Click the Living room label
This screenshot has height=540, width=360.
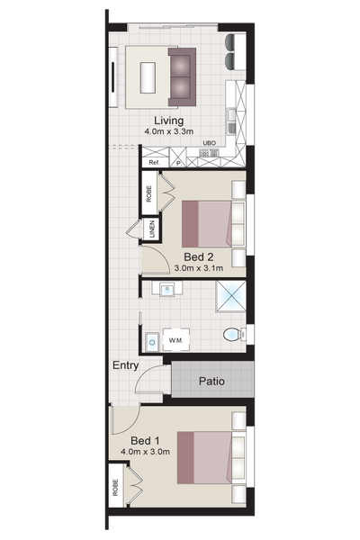coord(168,121)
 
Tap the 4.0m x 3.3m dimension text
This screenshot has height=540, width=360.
coord(168,131)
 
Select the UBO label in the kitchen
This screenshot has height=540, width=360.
coord(209,143)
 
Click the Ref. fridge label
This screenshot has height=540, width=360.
coord(154,163)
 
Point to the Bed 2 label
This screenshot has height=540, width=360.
coord(198,256)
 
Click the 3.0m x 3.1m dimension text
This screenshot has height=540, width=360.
coord(198,268)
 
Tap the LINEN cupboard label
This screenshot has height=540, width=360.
coord(153,229)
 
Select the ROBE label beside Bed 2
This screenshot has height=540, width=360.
coord(148,194)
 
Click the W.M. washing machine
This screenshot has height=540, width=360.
coord(176,339)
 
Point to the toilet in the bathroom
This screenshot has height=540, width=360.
coord(234,335)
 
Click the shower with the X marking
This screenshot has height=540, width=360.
coord(230,296)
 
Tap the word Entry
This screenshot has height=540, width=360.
coord(126,365)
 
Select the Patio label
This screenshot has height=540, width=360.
coord(211,382)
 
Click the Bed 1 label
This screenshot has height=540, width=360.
coord(145,441)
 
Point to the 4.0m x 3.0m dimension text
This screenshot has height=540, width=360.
coord(145,452)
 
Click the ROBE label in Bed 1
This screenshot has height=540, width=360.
coord(115,488)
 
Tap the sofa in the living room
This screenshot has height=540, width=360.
coord(182,76)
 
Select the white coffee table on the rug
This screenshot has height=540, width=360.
coord(148,77)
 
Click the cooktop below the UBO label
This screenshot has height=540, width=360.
coord(209,153)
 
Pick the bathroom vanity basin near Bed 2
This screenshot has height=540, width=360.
coord(167,289)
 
